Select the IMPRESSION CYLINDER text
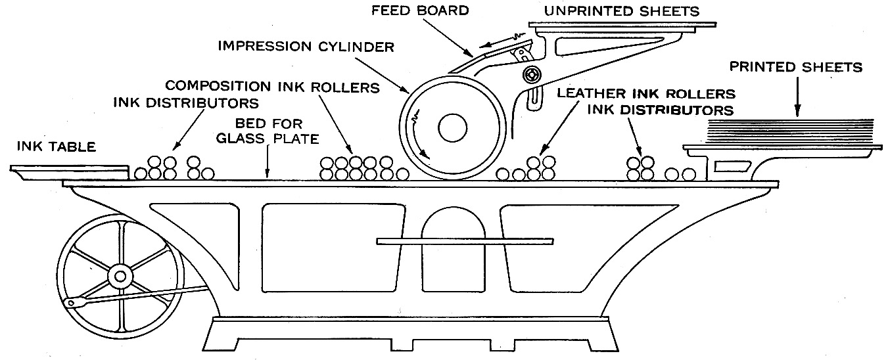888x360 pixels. (x=306, y=47)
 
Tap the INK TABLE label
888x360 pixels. (x=56, y=147)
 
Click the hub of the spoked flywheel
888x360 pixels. (x=119, y=276)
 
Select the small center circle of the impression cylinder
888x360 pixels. (x=452, y=127)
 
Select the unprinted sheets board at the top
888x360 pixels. (x=621, y=26)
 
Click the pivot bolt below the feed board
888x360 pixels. (x=530, y=72)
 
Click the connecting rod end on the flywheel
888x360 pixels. (x=71, y=303)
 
